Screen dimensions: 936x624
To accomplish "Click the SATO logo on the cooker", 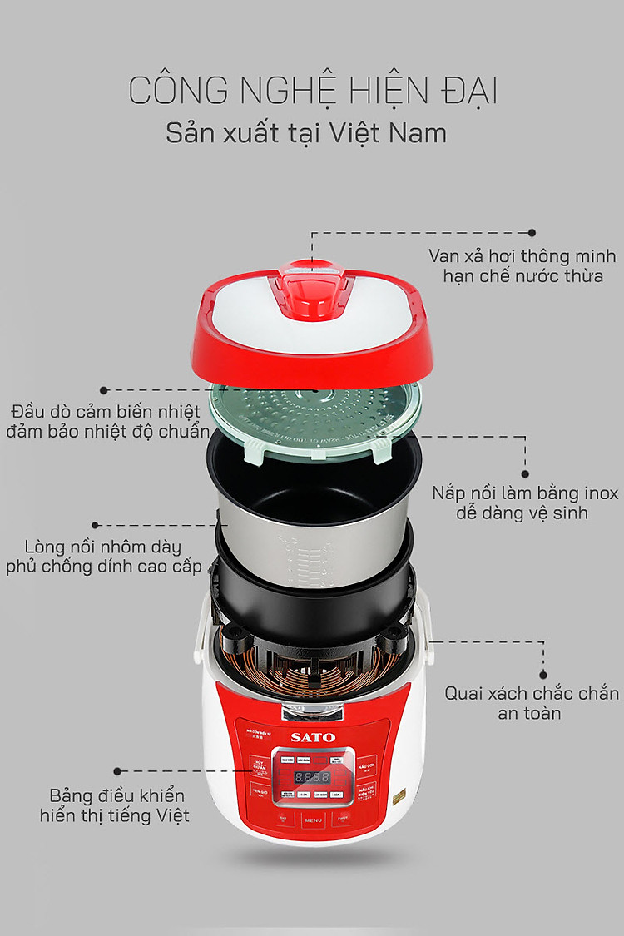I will click(x=313, y=736).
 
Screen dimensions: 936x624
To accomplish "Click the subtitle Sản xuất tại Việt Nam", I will click(x=306, y=133).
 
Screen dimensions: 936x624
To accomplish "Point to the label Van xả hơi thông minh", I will click(x=523, y=254).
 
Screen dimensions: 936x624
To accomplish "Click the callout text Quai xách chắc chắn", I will click(x=532, y=693).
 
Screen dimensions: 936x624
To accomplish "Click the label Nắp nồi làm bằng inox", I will click(x=525, y=493).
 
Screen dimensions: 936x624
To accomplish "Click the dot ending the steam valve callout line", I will click(x=532, y=234).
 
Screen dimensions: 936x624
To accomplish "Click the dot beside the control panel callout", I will click(x=117, y=771).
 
